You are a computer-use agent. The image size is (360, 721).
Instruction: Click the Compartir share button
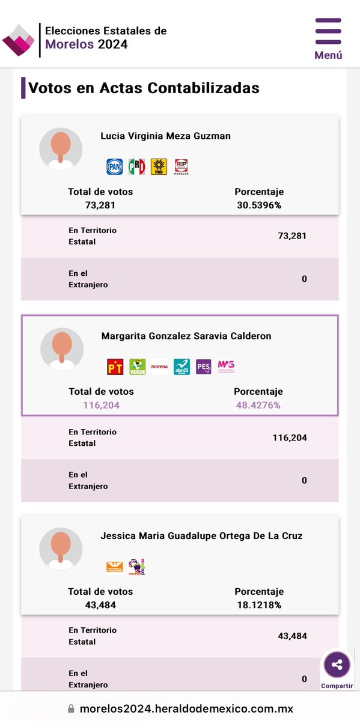(x=337, y=665)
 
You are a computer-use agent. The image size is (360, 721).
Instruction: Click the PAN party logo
(x=115, y=166)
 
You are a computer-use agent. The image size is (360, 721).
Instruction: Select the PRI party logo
(x=136, y=166)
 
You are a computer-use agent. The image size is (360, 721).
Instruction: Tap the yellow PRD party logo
(x=159, y=166)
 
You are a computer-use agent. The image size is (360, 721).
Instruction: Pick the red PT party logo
(x=115, y=367)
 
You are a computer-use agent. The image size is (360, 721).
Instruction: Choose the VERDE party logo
(x=138, y=367)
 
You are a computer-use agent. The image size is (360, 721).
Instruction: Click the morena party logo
(x=159, y=367)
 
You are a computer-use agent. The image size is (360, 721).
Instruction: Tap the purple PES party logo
(x=204, y=367)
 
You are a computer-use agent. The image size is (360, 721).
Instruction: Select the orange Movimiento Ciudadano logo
(x=114, y=566)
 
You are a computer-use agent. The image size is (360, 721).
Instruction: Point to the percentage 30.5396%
(x=259, y=205)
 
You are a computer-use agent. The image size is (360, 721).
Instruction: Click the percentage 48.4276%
(x=258, y=405)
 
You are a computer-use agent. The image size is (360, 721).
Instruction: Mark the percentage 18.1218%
(x=259, y=604)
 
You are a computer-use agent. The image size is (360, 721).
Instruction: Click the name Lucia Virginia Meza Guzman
(x=165, y=136)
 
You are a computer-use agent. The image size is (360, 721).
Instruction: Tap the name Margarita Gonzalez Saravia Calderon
(x=186, y=336)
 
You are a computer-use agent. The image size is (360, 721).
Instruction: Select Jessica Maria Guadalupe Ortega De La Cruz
(x=201, y=536)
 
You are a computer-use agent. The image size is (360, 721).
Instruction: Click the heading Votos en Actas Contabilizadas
(x=144, y=88)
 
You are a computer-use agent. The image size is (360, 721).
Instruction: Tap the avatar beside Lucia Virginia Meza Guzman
(x=61, y=148)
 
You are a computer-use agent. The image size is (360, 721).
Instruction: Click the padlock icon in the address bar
(x=71, y=709)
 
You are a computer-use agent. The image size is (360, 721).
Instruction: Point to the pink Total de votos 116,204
(x=101, y=405)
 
